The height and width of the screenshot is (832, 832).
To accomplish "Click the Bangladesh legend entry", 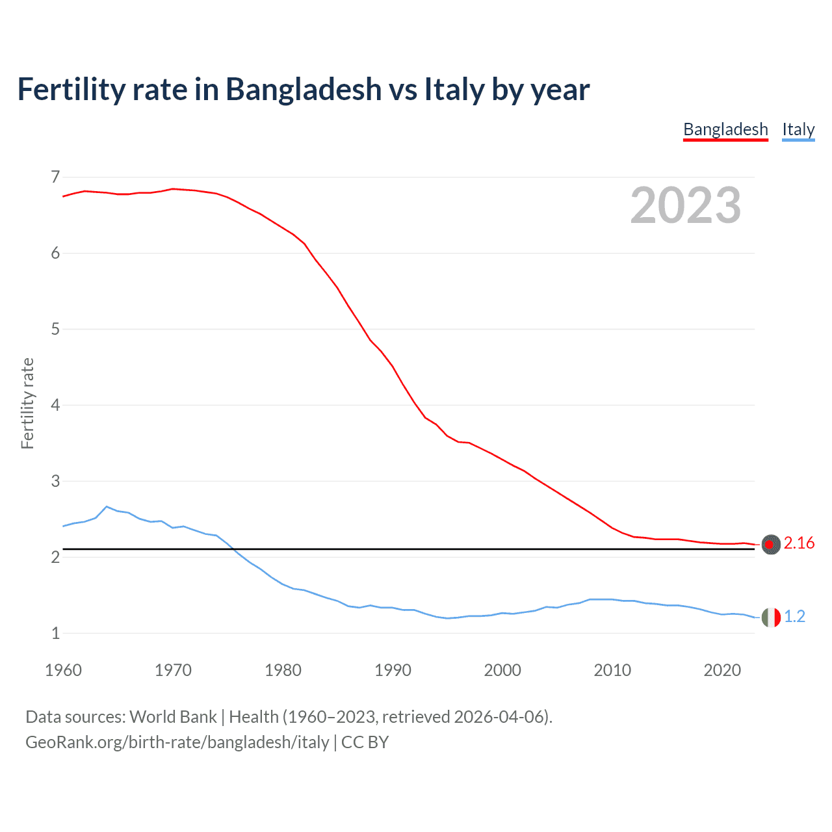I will [x=725, y=129].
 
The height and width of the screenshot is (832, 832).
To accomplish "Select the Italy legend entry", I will [x=798, y=129].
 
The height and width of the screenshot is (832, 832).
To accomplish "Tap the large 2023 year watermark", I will [x=685, y=205].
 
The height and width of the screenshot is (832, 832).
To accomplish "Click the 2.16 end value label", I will [x=799, y=543].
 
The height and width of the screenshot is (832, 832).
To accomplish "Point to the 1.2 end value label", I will [x=794, y=617].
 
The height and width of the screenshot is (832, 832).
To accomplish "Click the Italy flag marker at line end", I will [x=771, y=617].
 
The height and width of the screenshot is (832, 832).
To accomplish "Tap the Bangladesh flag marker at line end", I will [x=771, y=544].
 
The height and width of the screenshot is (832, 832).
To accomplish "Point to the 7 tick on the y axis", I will [x=55, y=177].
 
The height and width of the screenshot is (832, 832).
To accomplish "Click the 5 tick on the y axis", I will [x=55, y=329].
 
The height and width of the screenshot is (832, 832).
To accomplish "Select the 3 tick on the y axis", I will [x=55, y=481].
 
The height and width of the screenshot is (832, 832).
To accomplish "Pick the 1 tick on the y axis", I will [x=55, y=633].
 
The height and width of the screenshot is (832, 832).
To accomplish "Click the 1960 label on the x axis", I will [x=63, y=670].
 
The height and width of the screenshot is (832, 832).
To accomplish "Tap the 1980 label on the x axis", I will [x=283, y=670].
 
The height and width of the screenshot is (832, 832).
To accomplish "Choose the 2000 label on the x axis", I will [x=502, y=670].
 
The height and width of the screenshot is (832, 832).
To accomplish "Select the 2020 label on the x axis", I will [x=722, y=670].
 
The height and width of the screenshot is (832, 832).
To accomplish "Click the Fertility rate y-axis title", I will [x=27, y=403].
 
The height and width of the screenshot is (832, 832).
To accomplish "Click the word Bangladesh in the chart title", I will [x=304, y=90].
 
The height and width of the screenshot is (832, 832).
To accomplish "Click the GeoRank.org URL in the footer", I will [x=177, y=742].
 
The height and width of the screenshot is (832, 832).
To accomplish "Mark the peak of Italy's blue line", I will [x=107, y=506].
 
